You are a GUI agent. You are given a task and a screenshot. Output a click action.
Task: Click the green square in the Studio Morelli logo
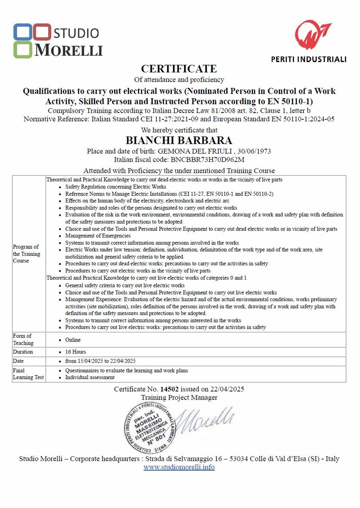(23, 50)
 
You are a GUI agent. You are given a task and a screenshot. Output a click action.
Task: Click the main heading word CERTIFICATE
(179, 69)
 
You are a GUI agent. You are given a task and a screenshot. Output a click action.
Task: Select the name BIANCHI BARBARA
(179, 140)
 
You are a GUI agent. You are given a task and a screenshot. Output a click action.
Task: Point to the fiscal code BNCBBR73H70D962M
(207, 160)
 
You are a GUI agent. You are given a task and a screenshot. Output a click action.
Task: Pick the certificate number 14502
(169, 389)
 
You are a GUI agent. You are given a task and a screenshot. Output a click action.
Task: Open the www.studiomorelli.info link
(179, 467)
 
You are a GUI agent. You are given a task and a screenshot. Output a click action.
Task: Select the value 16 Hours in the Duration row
(75, 352)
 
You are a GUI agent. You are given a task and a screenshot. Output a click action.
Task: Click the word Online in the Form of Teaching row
(73, 340)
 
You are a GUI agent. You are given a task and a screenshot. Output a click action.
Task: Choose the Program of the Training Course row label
(26, 254)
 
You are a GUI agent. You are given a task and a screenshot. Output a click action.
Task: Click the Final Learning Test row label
(28, 374)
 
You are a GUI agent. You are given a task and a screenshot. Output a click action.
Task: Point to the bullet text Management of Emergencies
(98, 236)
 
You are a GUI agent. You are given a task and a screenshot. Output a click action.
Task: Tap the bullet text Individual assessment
(90, 377)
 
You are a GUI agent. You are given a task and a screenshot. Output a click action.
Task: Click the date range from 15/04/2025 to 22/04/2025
(100, 361)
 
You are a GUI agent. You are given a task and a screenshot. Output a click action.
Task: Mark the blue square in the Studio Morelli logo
(22, 32)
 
